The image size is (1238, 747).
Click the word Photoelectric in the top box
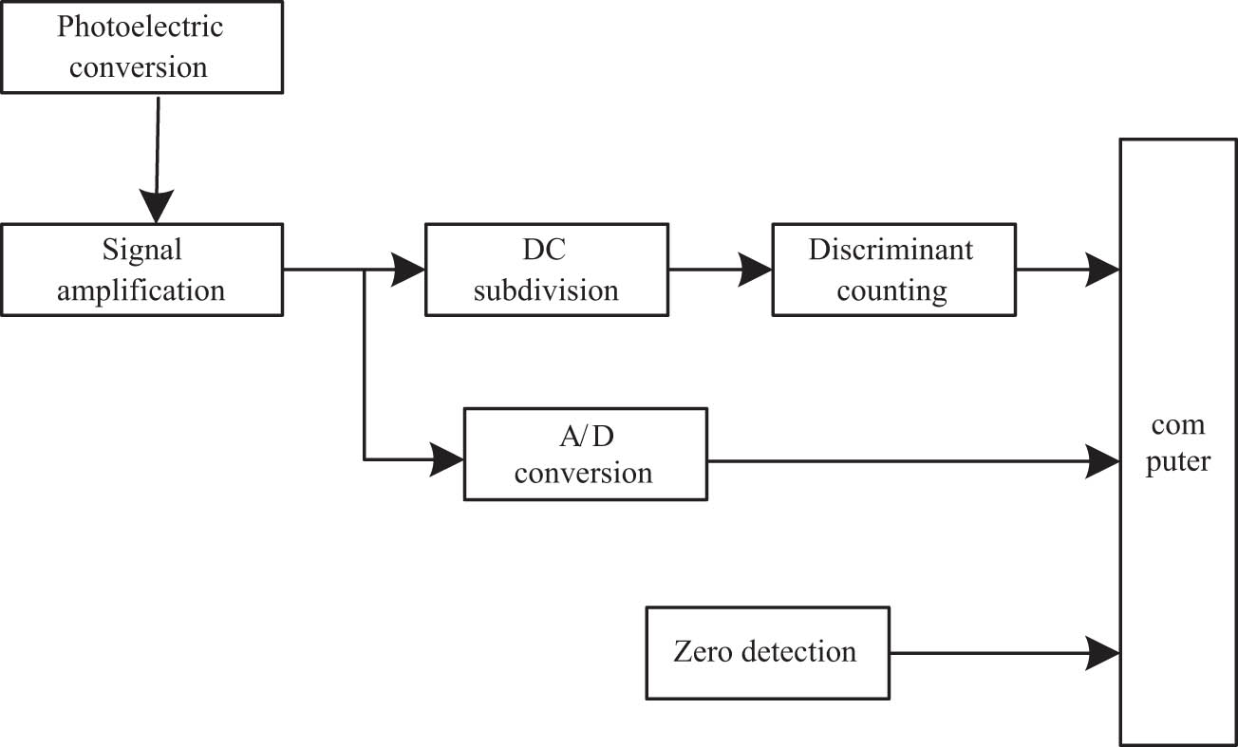[141, 27]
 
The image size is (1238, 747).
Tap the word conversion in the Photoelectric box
[141, 67]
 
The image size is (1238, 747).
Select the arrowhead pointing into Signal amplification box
[156, 205]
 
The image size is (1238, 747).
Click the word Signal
[141, 251]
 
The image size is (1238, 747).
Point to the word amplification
[141, 290]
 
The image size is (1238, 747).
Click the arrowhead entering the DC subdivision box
[409, 270]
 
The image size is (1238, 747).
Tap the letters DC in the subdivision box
[546, 250]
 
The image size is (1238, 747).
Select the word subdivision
[546, 290]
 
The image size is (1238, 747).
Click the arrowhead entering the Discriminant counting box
[757, 270]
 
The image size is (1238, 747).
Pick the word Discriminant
[891, 250]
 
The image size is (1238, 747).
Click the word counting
[891, 290]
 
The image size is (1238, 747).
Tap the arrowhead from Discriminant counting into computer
[1103, 270]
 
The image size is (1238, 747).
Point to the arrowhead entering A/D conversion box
[447, 460]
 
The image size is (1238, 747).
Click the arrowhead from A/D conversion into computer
[1103, 461]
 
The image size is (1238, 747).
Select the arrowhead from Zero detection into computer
[1103, 651]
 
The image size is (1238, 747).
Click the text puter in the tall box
[1177, 463]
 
